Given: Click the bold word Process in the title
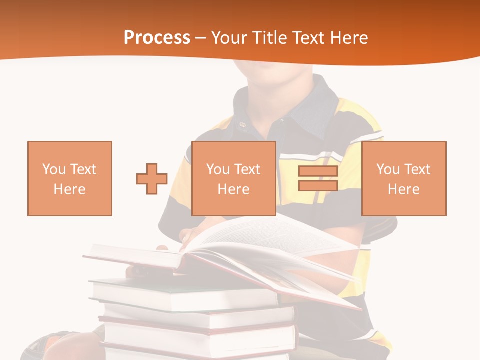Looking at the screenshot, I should pos(157,38).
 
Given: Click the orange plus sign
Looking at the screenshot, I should pos(152,179).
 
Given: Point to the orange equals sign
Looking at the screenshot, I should pos(318,178).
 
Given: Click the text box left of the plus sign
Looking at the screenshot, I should pos(69,178).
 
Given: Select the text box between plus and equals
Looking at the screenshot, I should pos(233,178).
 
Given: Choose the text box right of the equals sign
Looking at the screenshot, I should pos(403,178).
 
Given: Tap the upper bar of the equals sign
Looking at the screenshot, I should pos(318,171).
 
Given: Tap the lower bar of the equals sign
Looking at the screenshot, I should pos(318,185).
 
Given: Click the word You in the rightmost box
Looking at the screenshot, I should pos(388,169).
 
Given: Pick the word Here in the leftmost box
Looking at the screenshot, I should pos(69,189).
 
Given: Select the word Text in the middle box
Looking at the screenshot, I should pos(248,169).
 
